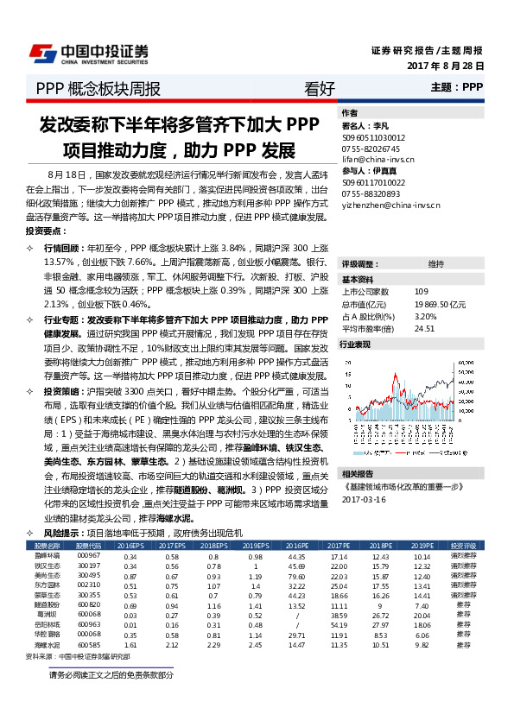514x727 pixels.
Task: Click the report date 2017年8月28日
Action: (445, 66)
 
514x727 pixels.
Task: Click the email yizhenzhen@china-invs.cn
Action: (390, 205)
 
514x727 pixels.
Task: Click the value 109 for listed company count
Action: (421, 291)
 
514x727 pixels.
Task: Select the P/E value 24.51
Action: (423, 328)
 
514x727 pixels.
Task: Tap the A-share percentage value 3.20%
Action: (426, 316)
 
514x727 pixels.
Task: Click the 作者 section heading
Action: (350, 113)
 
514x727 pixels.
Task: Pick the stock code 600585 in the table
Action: (89, 620)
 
